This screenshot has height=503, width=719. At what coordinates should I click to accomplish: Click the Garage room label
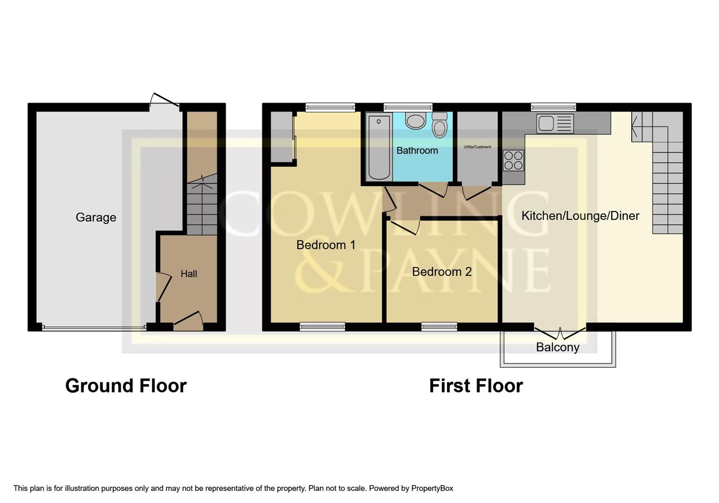tap(96, 217)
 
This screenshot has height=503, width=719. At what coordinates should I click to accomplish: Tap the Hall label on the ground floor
tap(189, 274)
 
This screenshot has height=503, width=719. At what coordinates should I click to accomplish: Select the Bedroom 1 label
tap(325, 245)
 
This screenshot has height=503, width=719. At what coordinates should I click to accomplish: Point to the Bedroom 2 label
tap(442, 272)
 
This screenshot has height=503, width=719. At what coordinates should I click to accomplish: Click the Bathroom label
tap(417, 150)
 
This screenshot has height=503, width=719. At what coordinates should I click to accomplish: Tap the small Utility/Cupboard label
tap(477, 147)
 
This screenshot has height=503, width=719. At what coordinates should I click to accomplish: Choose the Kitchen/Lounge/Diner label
tap(580, 216)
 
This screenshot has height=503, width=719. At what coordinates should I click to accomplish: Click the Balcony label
tap(557, 347)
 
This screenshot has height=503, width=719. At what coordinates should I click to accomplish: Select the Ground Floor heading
tap(126, 386)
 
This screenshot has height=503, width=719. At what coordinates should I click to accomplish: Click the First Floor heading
tap(476, 386)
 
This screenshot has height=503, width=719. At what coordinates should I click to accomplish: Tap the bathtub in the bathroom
tap(379, 147)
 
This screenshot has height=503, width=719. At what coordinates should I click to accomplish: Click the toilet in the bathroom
tap(439, 125)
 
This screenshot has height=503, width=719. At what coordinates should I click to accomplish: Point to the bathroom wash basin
tap(415, 121)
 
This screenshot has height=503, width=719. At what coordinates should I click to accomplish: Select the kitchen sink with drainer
tap(554, 123)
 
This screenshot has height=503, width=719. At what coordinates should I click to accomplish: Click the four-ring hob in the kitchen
tap(513, 160)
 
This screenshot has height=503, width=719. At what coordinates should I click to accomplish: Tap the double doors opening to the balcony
tap(560, 333)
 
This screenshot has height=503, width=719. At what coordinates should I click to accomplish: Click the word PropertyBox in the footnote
tap(432, 488)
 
